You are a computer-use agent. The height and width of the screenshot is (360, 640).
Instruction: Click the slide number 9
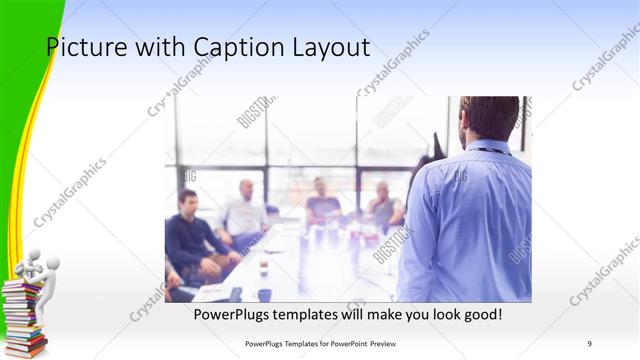coord(590,344)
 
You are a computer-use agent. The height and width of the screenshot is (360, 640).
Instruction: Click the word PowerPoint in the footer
coord(344,344)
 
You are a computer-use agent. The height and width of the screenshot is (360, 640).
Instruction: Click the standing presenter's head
coord(489,117)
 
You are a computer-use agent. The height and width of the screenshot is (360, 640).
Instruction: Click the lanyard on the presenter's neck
coord(492,151)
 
